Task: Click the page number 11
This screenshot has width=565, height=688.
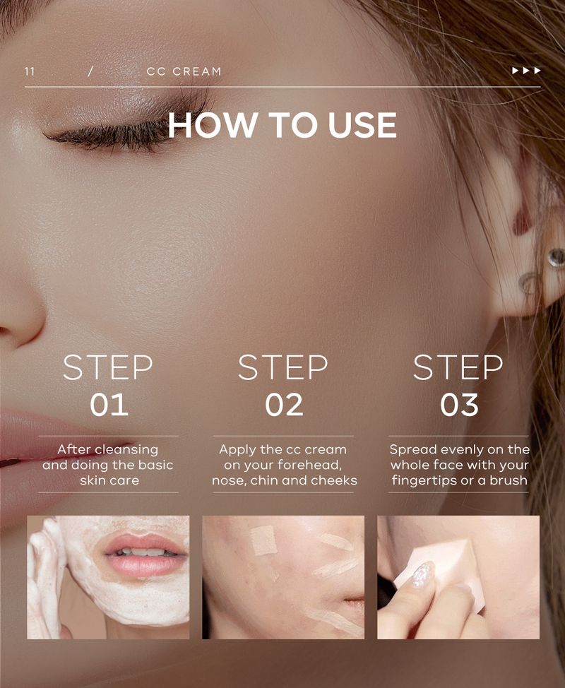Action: [x=30, y=71]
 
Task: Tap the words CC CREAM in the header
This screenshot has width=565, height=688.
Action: [x=184, y=71]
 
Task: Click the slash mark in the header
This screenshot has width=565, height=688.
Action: [x=90, y=71]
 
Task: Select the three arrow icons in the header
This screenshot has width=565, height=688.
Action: [x=526, y=71]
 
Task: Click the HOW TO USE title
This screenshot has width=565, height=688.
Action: [x=282, y=125]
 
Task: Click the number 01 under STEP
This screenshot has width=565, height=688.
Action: [x=109, y=405]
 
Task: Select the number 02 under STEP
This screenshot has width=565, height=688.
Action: [x=284, y=405]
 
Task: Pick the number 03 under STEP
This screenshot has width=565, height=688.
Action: [x=459, y=405]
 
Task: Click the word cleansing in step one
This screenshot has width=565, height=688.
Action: [x=127, y=450]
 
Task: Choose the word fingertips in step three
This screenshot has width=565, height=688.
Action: [x=424, y=481]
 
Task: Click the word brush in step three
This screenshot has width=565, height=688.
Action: [x=509, y=480]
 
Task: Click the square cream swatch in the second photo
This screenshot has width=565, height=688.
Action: [x=263, y=540]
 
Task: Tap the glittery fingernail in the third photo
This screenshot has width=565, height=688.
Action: [x=423, y=575]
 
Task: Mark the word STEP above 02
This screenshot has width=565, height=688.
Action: [x=283, y=367]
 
